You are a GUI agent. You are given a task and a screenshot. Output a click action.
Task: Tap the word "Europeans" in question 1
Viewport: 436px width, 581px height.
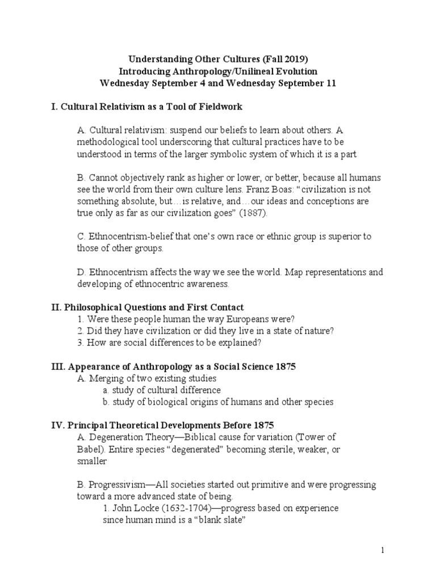point(236,319)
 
